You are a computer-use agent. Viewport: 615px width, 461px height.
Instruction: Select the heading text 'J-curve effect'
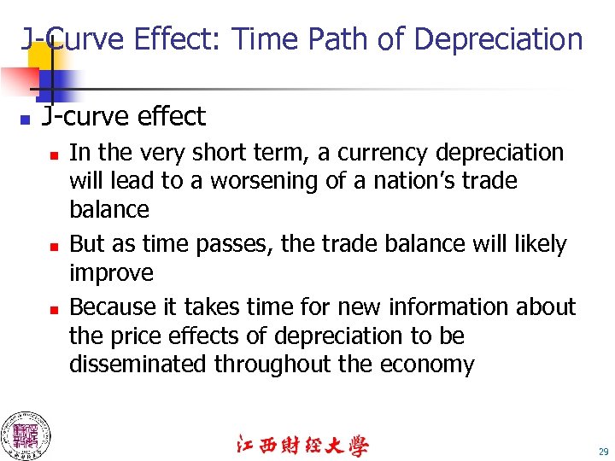point(124,116)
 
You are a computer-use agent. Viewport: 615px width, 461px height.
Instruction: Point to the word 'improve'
point(111,273)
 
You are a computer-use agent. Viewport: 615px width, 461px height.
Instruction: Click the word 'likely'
point(536,244)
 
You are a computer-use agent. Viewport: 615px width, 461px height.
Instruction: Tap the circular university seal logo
point(25,435)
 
